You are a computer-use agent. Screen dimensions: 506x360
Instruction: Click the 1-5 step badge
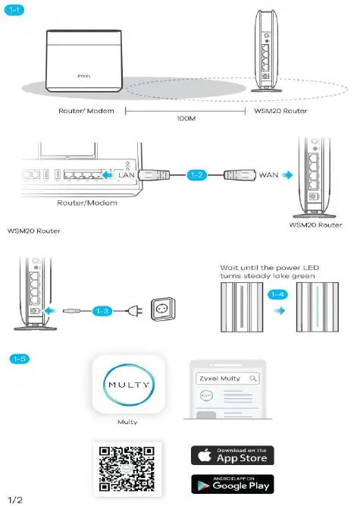tap(19, 358)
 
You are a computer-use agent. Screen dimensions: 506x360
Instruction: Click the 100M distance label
tap(185, 120)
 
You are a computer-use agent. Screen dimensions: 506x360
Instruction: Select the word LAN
tap(127, 175)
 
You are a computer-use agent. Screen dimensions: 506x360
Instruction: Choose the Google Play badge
tap(232, 483)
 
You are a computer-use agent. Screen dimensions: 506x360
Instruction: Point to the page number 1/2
tap(15, 499)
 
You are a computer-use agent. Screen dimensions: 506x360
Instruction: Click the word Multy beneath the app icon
tap(127, 422)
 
